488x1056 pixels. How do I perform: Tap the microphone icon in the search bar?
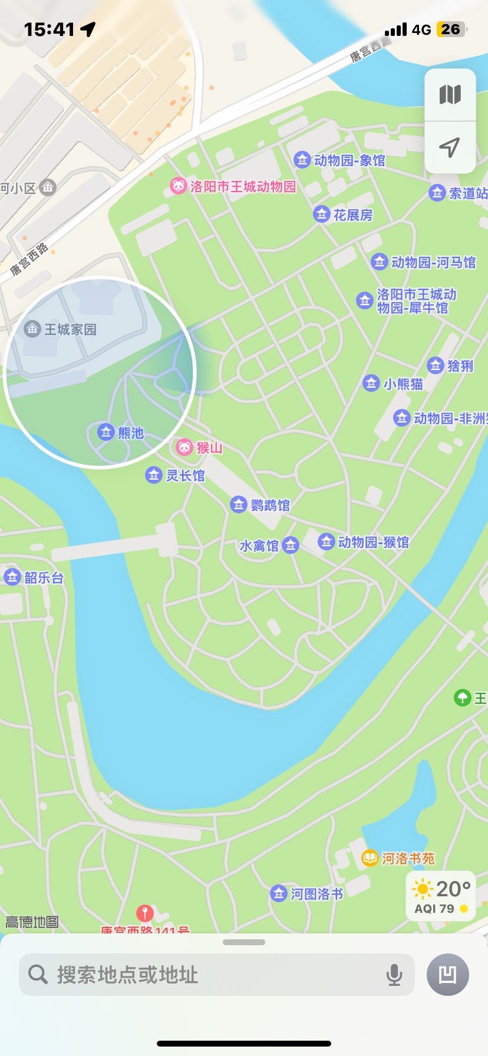[x=394, y=975]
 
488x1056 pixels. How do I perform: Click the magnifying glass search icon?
[x=38, y=975]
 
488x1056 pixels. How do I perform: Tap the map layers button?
[x=450, y=95]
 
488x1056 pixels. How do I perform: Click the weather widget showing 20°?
[x=441, y=895]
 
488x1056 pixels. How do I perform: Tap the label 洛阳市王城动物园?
[x=242, y=187]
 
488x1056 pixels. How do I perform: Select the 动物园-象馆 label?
[x=349, y=160]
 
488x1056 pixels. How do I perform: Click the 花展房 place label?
[x=352, y=215]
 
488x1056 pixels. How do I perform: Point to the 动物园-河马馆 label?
[x=433, y=262]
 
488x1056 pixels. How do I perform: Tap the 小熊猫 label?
[x=403, y=384]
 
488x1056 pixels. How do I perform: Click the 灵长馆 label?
[x=185, y=476]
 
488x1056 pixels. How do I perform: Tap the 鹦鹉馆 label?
[x=270, y=505]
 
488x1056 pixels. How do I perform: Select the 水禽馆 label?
[x=259, y=546]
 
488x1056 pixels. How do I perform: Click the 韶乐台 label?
[x=44, y=577]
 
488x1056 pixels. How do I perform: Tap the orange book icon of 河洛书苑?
[x=370, y=858]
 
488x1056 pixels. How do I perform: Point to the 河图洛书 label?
[x=316, y=894]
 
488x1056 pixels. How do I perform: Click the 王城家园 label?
[x=70, y=329]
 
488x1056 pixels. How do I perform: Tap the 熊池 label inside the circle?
[x=130, y=433]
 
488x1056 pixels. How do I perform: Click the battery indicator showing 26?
[x=451, y=29]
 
